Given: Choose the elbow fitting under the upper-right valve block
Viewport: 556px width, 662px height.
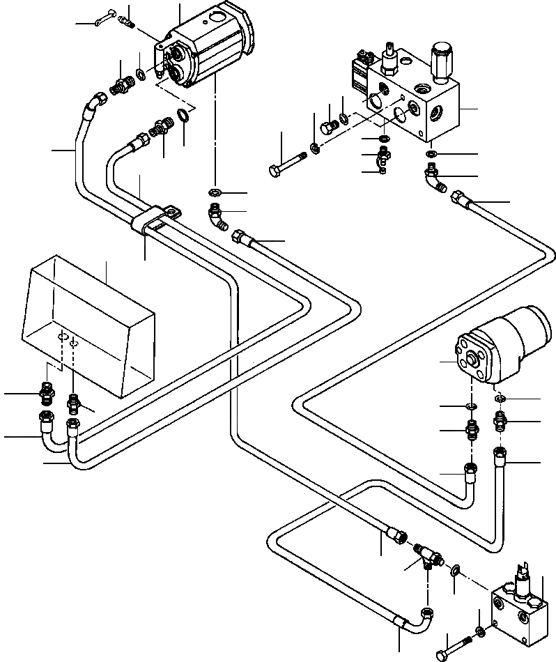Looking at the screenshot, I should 436,177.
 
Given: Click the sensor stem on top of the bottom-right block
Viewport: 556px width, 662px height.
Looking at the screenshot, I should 523,578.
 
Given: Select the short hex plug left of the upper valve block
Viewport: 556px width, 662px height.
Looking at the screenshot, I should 327,128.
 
